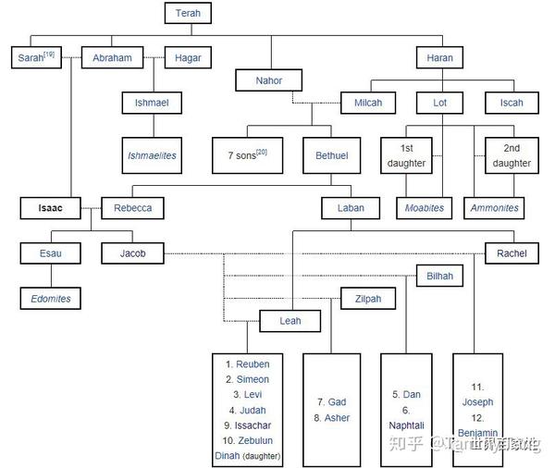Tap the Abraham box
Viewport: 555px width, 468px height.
coord(112,58)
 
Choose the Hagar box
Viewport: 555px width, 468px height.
coord(188,58)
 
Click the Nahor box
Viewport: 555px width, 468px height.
coord(269,80)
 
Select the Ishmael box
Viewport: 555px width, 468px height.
coord(152,103)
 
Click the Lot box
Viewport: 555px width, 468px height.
coord(439,103)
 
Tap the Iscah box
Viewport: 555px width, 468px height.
coord(512,103)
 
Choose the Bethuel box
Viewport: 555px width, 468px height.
coord(331,155)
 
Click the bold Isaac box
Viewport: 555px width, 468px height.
coord(51,208)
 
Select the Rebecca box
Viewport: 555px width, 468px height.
coord(133,208)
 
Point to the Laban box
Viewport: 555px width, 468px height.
coord(351,208)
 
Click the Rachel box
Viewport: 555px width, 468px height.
coord(512,253)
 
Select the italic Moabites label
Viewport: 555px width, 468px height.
coord(425,208)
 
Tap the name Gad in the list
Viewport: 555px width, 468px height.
coord(338,402)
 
